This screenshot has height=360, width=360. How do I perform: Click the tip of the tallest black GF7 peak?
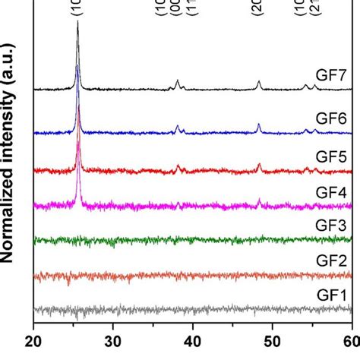[77, 22]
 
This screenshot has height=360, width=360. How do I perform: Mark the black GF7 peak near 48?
[259, 81]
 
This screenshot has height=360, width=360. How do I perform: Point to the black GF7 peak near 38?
[178, 81]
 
